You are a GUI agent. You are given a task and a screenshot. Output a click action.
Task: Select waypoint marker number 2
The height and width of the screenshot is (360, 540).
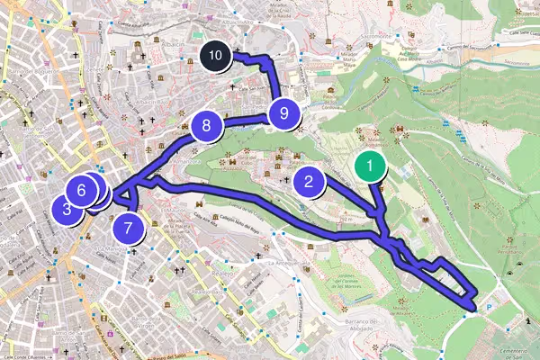point(309,182)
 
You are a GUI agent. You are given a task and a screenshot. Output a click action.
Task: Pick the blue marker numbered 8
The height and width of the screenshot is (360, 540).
point(207,126)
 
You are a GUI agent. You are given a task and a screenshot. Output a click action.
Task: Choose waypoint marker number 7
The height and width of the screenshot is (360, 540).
point(129,228)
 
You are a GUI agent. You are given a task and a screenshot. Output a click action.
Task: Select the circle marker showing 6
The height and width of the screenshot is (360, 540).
point(81,191)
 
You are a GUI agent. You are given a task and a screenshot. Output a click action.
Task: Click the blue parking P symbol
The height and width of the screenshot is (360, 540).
point(490,306)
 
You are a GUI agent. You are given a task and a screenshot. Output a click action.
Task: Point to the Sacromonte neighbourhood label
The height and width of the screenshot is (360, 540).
point(372,36)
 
